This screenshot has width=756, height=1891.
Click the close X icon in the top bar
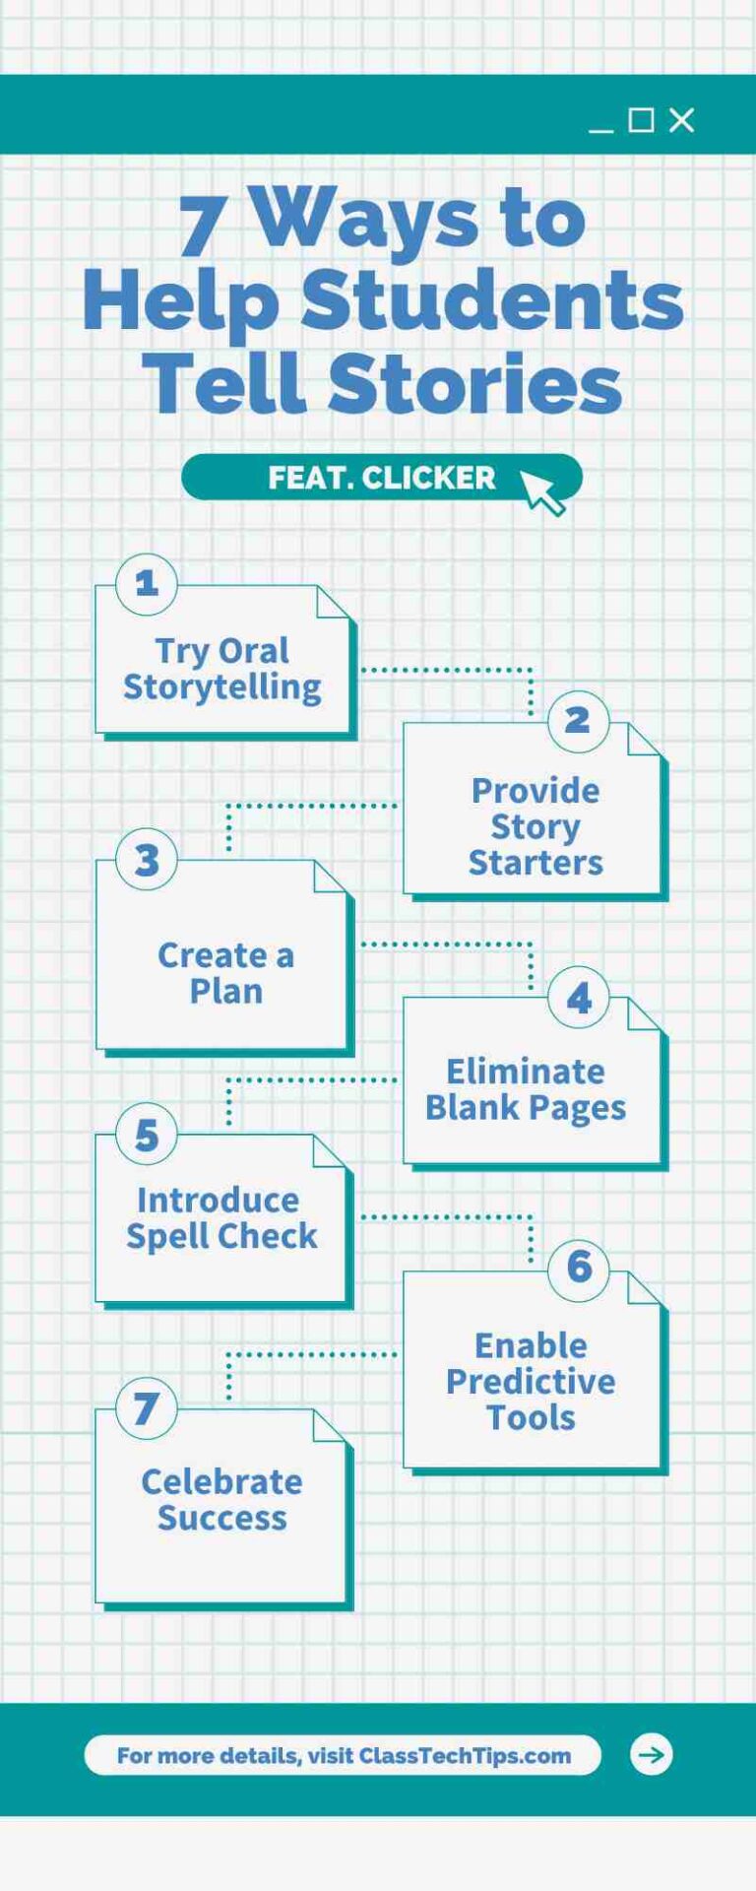pyautogui.click(x=681, y=120)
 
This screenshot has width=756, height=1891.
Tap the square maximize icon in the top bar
pyautogui.click(x=641, y=120)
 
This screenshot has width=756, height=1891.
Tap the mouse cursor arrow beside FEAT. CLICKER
pyautogui.click(x=541, y=491)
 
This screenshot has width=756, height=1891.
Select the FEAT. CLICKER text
pyautogui.click(x=382, y=478)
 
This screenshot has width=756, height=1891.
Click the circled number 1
pyautogui.click(x=147, y=584)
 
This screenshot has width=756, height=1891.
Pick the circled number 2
pyautogui.click(x=578, y=721)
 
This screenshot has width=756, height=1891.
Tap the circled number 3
pyautogui.click(x=147, y=860)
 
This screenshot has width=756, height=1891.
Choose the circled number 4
pyautogui.click(x=579, y=998)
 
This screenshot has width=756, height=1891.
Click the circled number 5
pyautogui.click(x=147, y=1135)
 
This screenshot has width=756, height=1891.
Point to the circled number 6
pyautogui.click(x=579, y=1269)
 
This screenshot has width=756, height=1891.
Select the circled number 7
pyautogui.click(x=147, y=1408)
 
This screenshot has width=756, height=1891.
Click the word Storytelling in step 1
pyautogui.click(x=222, y=687)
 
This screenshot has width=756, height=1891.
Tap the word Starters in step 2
pyautogui.click(x=535, y=863)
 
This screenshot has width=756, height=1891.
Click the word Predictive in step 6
pyautogui.click(x=531, y=1382)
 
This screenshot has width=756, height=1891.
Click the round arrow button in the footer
pyautogui.click(x=651, y=1754)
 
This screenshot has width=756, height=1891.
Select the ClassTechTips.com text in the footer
pyautogui.click(x=465, y=1755)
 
